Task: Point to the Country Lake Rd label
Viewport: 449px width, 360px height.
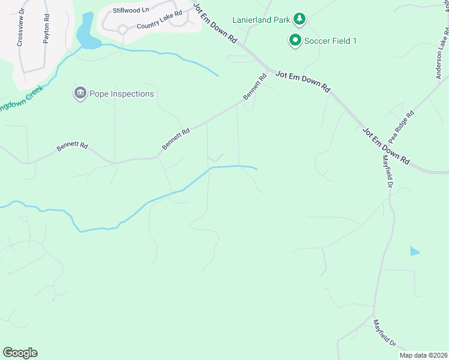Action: click(x=159, y=26)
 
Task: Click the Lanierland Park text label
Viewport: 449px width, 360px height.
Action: click(x=261, y=19)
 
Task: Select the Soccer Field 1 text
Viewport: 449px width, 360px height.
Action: click(x=331, y=41)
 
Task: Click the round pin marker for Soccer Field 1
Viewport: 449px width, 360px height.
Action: click(x=295, y=41)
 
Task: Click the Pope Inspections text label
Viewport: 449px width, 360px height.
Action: click(x=122, y=94)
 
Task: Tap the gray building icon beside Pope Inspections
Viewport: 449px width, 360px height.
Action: click(x=80, y=94)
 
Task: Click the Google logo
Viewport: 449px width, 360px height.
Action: click(x=20, y=353)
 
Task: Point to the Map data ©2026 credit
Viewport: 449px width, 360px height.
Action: click(x=424, y=355)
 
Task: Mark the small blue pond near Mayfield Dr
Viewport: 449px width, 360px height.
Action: click(x=414, y=251)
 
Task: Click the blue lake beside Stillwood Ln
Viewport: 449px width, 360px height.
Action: click(x=88, y=33)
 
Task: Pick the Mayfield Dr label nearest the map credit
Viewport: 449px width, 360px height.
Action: click(x=384, y=334)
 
